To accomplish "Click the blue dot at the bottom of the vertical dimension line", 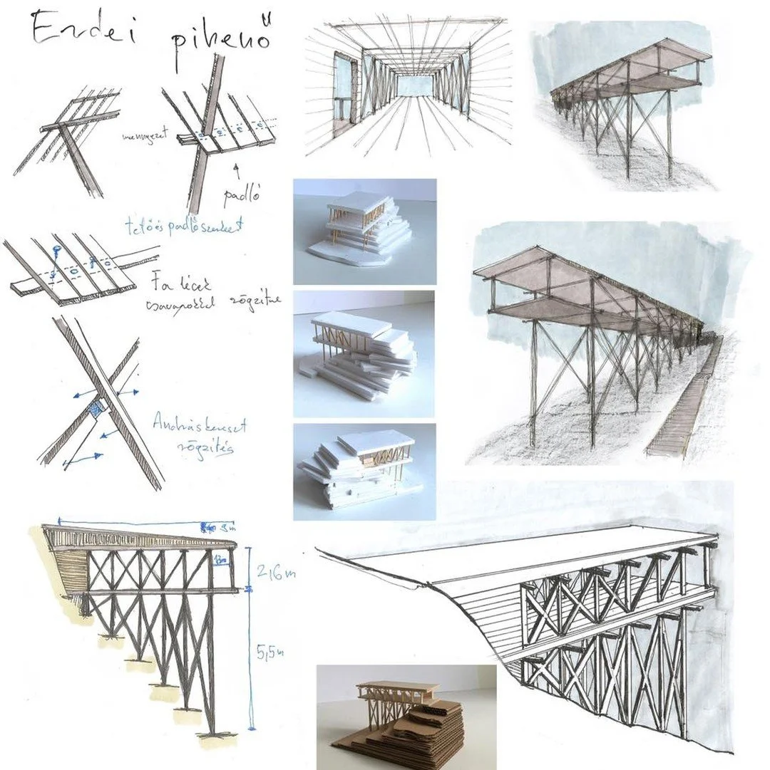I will pos(251,727).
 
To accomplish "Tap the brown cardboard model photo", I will pos(406,717).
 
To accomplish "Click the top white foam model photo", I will pos(364,231).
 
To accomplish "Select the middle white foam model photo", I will pos(364,353).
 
